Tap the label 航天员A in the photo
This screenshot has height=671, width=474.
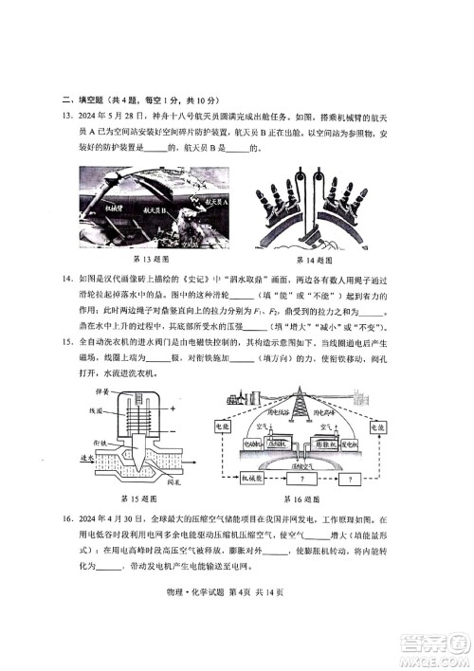(x=214, y=201)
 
